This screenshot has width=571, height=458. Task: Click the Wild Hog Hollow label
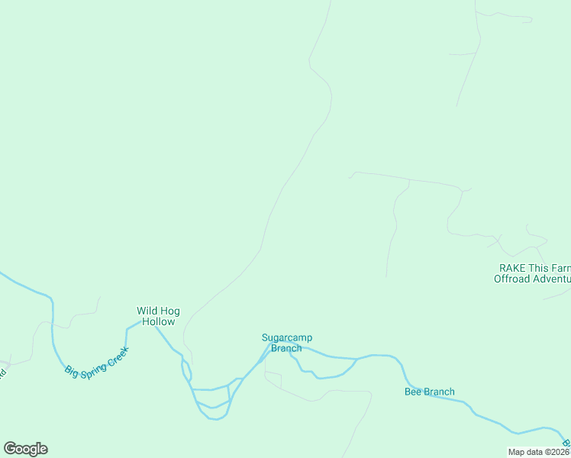[158, 316]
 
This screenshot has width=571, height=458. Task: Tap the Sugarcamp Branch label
[287, 343]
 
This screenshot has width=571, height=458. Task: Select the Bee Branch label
[429, 392]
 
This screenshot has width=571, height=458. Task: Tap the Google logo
[25, 449]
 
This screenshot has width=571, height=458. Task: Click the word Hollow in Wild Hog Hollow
[158, 321]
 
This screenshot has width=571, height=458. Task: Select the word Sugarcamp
[287, 337]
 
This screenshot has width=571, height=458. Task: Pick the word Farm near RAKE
[560, 268]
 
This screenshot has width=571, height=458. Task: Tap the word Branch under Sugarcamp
[287, 348]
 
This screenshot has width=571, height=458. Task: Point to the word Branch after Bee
[439, 392]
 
